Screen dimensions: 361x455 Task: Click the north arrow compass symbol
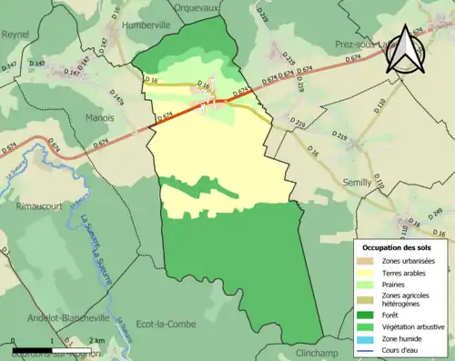click(x=405, y=50)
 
